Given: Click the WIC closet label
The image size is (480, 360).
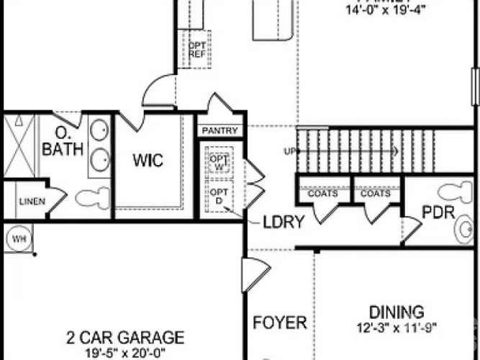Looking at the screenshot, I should point(148,160).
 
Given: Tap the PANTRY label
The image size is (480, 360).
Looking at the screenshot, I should point(222,131).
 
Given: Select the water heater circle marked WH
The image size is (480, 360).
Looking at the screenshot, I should point(16,236).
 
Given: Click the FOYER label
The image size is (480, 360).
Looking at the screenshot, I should point(280,322).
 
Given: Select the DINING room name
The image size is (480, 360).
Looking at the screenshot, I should point(395,312).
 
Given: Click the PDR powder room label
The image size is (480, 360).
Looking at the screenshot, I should point(436,214).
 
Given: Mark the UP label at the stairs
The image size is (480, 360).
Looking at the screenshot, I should point(291,151).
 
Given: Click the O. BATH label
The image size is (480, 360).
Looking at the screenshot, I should point(63,143).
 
